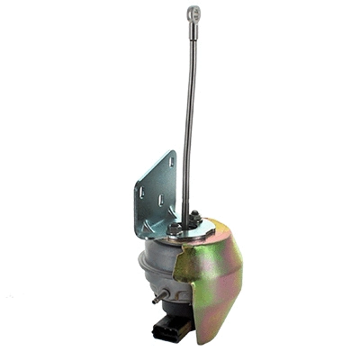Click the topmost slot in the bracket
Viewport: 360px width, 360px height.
170,161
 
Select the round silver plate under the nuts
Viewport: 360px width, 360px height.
191,229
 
